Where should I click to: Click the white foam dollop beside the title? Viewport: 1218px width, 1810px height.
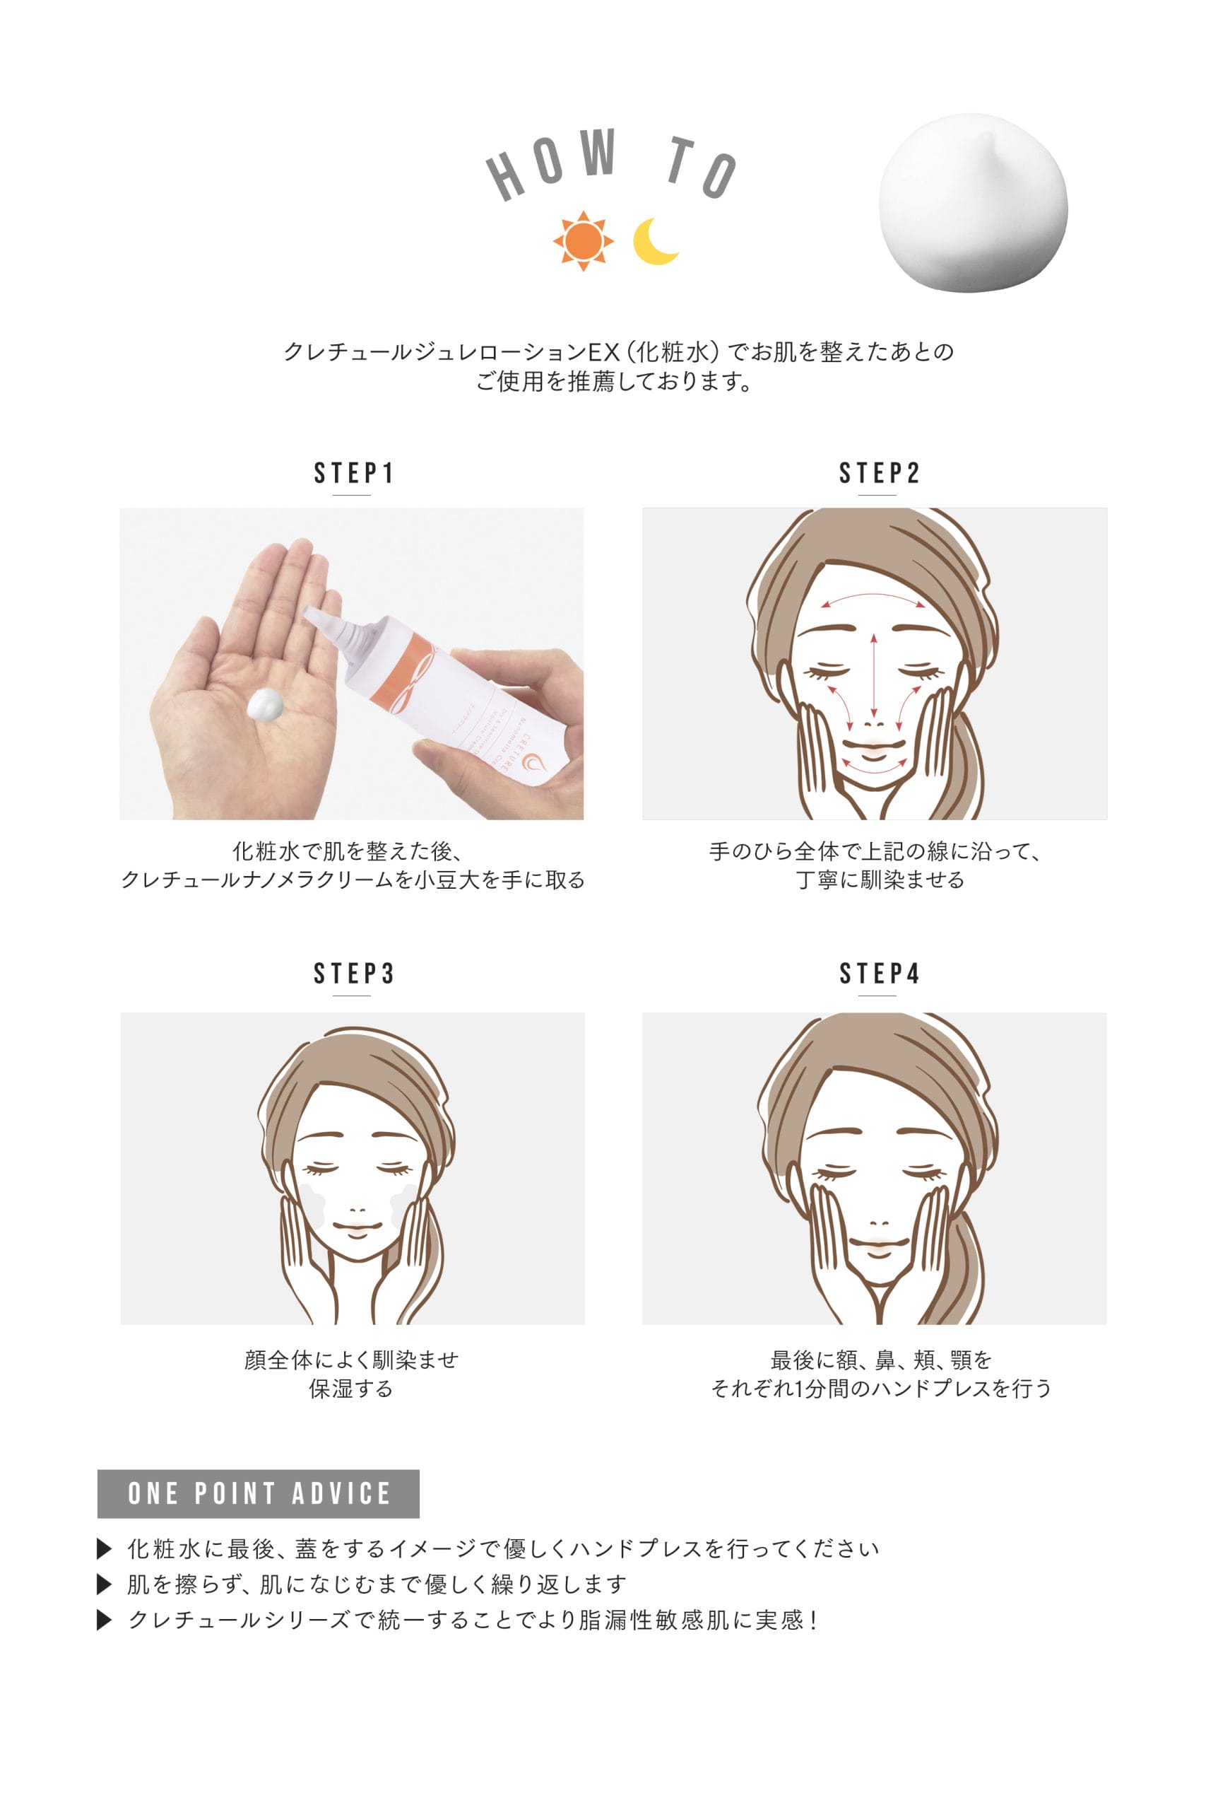click(x=973, y=204)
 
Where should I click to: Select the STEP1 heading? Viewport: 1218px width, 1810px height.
click(x=353, y=472)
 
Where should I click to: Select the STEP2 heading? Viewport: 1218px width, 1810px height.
click(x=880, y=472)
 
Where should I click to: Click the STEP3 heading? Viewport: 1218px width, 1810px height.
click(x=353, y=973)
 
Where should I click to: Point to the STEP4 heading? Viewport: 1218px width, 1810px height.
click(x=880, y=973)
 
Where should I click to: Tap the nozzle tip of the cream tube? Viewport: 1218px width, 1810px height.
click(x=308, y=613)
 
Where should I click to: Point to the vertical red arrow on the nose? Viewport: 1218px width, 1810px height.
click(x=874, y=675)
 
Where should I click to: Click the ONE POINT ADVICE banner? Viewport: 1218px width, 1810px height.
click(x=258, y=1493)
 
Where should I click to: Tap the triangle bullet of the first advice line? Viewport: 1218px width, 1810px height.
click(x=104, y=1549)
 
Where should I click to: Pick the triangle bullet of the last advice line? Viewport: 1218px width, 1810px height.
click(x=104, y=1620)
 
